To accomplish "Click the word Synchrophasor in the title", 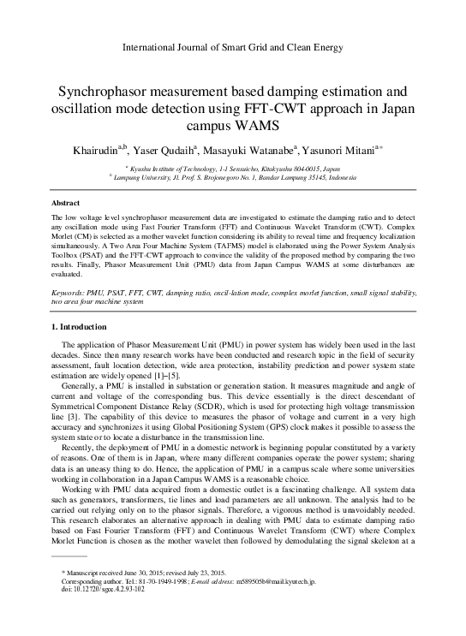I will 101,91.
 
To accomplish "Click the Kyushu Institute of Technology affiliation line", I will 234,169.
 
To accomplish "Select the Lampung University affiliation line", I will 234,178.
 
